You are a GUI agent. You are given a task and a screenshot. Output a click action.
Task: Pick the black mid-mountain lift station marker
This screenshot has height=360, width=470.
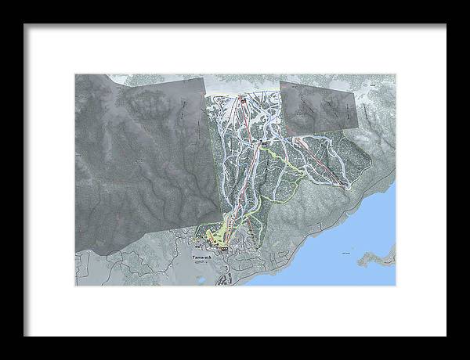pos(263,142)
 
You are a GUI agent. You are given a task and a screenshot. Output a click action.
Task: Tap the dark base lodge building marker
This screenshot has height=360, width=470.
pos(224,247)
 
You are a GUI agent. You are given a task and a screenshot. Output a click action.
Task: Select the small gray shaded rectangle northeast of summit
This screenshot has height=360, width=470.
pos(321,106)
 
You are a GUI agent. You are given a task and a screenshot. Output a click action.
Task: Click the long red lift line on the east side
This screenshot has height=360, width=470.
pos(321,160)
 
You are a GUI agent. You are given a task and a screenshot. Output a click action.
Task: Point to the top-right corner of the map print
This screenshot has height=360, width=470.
pos(396,74)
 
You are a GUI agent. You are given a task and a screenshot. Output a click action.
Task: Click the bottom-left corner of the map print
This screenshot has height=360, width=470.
pos(75,286)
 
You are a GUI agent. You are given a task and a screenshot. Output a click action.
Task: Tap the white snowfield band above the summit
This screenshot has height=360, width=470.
pos(243,85)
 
